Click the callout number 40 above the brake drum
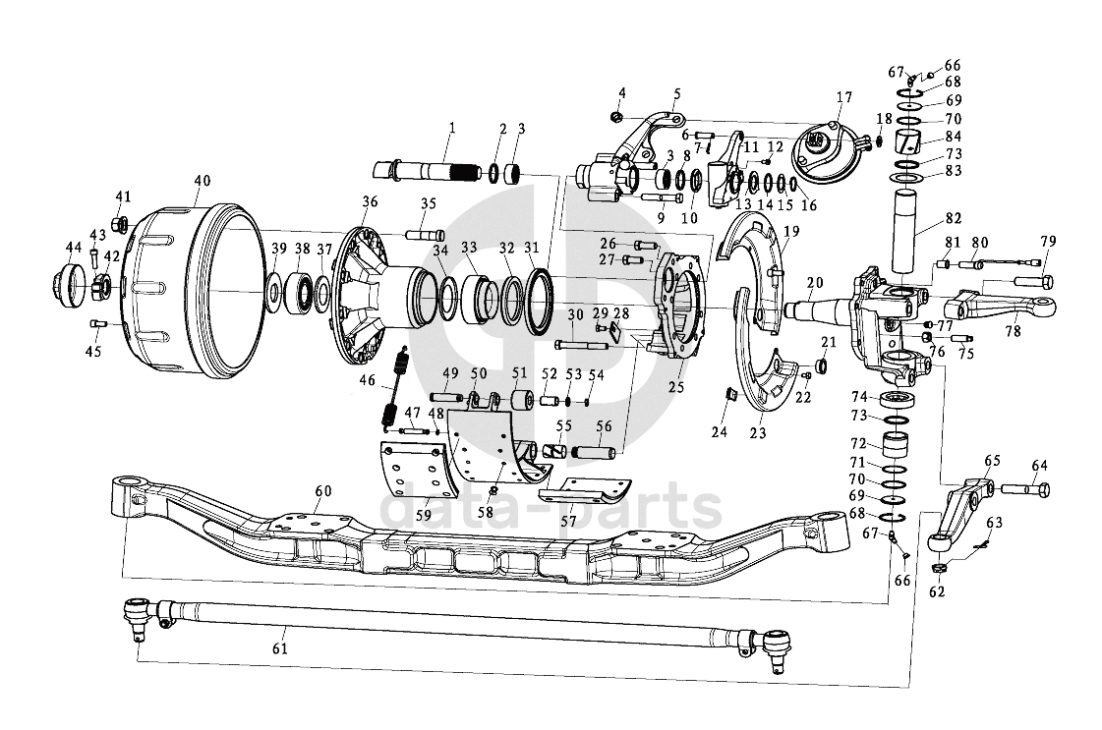202,181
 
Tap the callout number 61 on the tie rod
280,647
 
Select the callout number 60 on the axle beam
322,491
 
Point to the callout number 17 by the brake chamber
844,97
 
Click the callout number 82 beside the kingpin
953,218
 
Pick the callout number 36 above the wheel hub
370,201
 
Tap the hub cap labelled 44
69,285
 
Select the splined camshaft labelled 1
426,171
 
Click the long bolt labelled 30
582,345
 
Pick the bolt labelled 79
1033,281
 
